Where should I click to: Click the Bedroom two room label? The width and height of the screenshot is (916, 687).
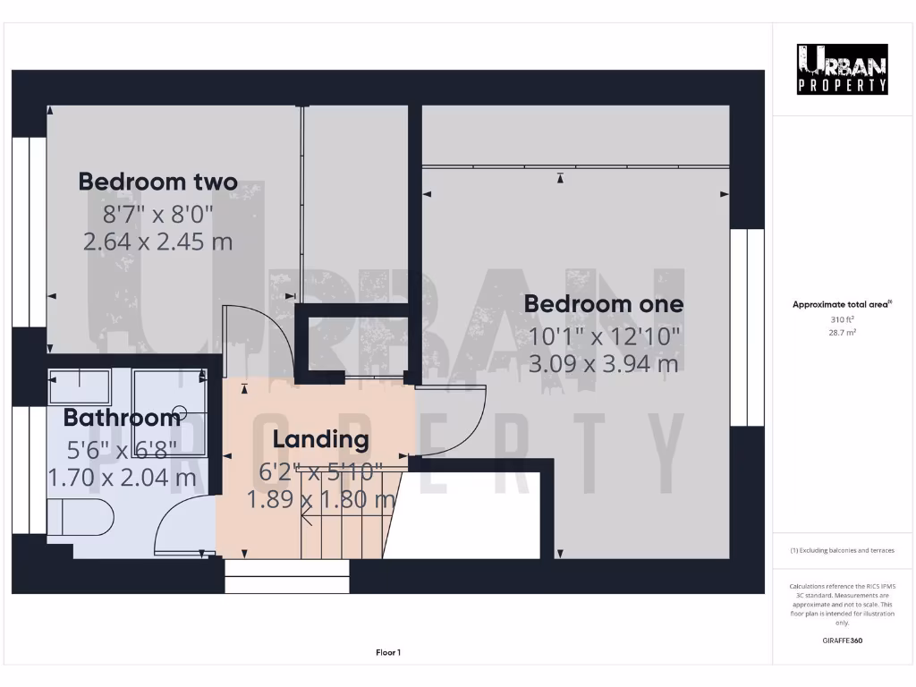(158, 182)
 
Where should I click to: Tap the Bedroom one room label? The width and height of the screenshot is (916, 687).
(604, 304)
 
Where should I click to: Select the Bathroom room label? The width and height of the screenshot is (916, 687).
(122, 418)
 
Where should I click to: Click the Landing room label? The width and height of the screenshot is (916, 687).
(320, 439)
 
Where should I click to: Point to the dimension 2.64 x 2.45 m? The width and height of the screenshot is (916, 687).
(158, 242)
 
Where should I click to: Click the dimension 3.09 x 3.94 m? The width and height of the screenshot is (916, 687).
(604, 364)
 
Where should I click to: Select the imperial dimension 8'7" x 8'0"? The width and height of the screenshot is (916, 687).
(158, 213)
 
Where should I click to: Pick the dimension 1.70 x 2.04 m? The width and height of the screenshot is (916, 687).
(122, 478)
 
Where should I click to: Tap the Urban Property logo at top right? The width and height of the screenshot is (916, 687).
(843, 70)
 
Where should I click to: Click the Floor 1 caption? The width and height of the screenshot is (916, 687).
(388, 653)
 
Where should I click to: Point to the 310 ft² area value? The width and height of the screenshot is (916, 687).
(843, 319)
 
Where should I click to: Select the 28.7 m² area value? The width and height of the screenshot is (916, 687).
(843, 332)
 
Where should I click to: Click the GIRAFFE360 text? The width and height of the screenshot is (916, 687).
(843, 640)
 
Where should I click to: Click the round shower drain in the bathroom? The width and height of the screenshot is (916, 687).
(181, 413)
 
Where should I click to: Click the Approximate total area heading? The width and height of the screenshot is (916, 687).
(843, 305)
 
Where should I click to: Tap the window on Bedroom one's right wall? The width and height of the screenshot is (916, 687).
(747, 327)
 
